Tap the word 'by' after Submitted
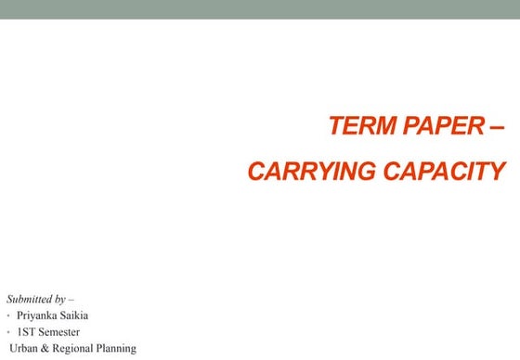coord(59,299)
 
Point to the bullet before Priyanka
coord(8,316)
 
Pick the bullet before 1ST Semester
coord(8,332)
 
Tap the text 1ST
coord(27,332)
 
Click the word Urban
coord(23,349)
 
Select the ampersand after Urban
coord(45,349)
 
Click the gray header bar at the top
coord(260,9)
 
